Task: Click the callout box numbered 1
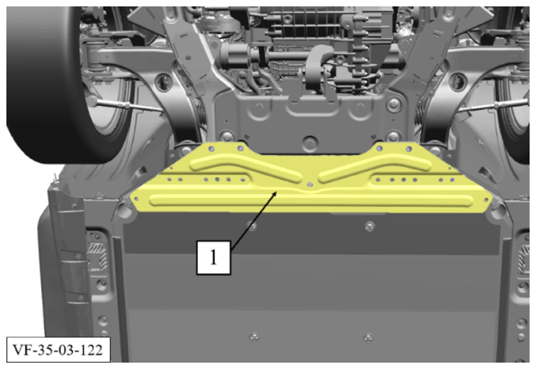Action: (214, 258)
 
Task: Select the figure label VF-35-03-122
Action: (58, 350)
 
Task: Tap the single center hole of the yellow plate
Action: (310, 184)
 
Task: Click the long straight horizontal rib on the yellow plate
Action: (312, 201)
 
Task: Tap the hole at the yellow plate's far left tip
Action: (137, 199)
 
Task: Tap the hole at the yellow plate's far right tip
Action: (486, 199)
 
